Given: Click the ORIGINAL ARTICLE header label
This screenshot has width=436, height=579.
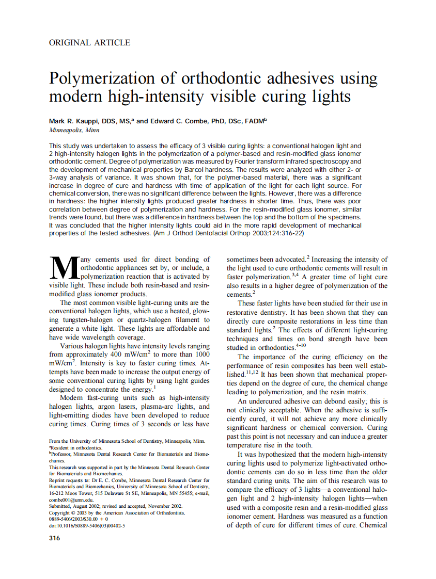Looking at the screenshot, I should pyautogui.click(x=89, y=43).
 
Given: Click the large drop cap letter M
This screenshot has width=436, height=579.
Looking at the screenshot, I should pyautogui.click(x=64, y=269).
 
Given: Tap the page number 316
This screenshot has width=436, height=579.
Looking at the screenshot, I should pyautogui.click(x=54, y=538).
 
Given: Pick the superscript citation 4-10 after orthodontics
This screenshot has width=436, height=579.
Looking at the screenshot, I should pyautogui.click(x=301, y=346).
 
